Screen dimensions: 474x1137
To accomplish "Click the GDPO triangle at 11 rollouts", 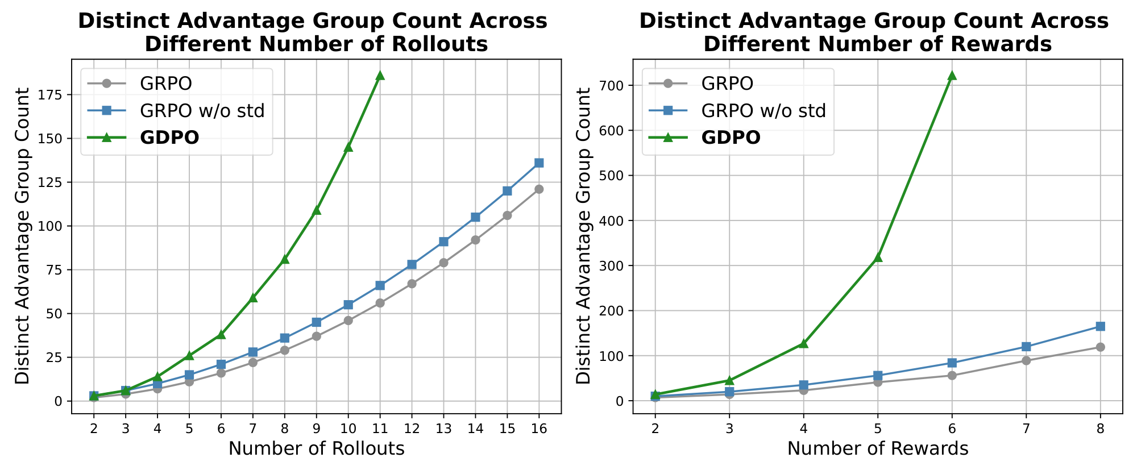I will click(x=380, y=75).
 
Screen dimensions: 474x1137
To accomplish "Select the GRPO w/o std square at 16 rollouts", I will click(x=539, y=163).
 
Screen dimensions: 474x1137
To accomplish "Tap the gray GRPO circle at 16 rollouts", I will click(x=539, y=189).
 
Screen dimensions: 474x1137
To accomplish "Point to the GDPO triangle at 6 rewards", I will click(x=952, y=75).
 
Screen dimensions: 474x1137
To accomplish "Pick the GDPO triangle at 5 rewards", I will click(x=878, y=257).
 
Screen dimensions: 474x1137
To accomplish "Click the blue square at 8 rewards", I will click(x=1100, y=326).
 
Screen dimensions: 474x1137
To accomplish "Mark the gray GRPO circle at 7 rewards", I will click(x=1026, y=360).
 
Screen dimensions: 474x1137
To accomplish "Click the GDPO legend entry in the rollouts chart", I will click(x=169, y=138).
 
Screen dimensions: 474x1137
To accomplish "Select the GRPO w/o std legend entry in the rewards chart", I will click(x=763, y=110).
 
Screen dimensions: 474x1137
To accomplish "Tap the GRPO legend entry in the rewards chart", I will click(x=727, y=83).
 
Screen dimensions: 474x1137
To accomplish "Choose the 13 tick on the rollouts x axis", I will click(x=443, y=429).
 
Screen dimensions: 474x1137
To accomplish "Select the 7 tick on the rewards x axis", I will click(x=1026, y=429).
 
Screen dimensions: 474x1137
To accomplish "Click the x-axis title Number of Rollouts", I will click(x=317, y=449).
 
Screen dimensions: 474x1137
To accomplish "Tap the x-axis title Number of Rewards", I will click(x=878, y=449).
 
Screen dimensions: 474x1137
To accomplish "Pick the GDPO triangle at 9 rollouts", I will click(x=317, y=210).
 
